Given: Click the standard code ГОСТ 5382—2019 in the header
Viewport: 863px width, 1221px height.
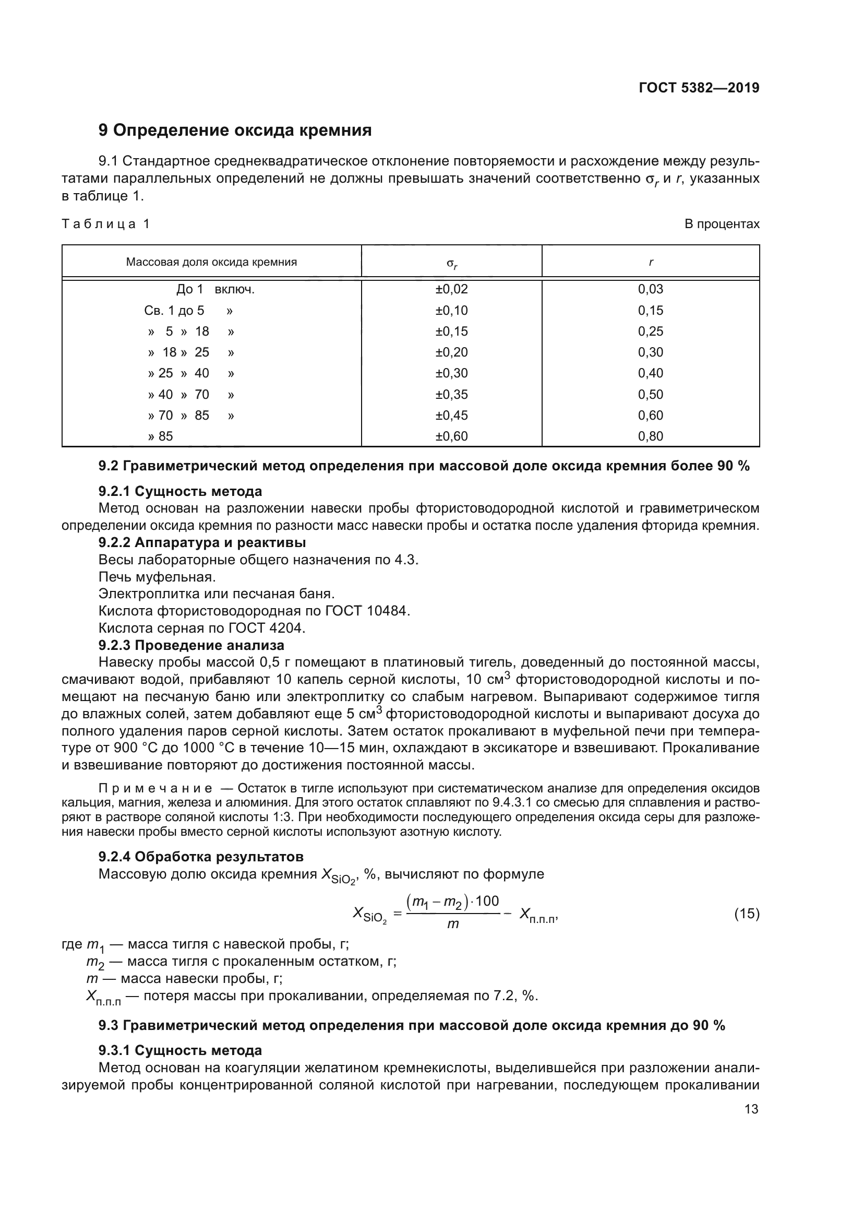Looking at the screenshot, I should coord(699,88).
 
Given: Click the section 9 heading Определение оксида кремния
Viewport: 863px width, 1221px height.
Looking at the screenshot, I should coord(235,131).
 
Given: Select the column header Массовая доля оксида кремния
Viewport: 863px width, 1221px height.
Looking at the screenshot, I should coord(211,262).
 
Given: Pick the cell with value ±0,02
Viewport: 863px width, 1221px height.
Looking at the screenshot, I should coord(452,289).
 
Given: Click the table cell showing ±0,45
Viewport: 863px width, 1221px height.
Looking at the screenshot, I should coord(452,416).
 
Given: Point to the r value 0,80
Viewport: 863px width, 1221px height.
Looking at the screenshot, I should coord(651,436).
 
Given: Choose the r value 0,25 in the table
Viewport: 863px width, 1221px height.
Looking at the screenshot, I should coord(651,331).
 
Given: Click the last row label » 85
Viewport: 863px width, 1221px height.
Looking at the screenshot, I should coord(161,436).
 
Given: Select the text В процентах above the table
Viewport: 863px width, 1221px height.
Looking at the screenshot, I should coord(722,224).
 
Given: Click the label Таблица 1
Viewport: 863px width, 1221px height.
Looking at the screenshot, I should coord(106,224).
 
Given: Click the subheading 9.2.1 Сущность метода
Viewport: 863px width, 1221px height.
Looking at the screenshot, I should coord(180,491).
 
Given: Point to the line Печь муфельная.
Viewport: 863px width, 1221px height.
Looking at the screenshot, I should coord(157,576).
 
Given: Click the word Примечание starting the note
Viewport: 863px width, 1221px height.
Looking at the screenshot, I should coord(155,788).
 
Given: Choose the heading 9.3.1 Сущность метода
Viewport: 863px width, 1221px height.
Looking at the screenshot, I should coord(180,1050).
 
